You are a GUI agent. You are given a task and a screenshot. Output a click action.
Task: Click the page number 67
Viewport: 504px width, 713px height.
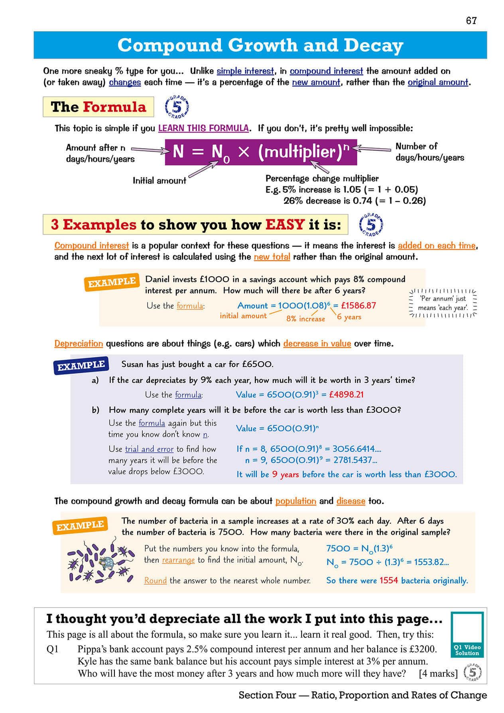(x=471, y=21)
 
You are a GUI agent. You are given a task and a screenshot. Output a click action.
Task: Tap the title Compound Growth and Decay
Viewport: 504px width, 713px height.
(x=260, y=45)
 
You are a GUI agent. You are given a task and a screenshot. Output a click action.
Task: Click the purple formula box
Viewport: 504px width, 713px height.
(x=261, y=152)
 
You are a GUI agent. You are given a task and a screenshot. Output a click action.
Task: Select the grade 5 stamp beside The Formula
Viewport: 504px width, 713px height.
(x=176, y=107)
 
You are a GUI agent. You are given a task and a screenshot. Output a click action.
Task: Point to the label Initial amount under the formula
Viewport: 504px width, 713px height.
(x=159, y=181)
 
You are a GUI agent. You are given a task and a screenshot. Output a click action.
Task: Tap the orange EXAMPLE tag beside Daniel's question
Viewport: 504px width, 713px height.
(x=112, y=282)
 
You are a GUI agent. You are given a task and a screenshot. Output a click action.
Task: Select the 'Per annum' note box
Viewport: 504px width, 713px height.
(x=443, y=303)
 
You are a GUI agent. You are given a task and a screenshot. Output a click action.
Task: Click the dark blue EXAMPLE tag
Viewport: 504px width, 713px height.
(x=81, y=365)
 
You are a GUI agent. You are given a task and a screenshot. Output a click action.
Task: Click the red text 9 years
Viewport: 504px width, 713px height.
(x=285, y=474)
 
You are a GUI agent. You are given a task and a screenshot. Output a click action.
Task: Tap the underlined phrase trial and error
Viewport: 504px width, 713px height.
(x=149, y=449)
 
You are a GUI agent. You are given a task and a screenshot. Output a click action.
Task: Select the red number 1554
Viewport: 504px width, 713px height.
(x=388, y=580)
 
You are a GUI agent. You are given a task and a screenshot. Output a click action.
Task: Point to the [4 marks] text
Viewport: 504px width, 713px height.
(x=438, y=674)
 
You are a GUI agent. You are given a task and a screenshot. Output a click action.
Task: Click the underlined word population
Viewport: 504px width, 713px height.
(x=295, y=501)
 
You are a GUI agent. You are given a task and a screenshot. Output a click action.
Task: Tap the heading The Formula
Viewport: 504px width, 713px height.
(x=98, y=107)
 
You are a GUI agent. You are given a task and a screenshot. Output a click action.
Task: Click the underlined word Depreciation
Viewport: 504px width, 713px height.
(x=79, y=343)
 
